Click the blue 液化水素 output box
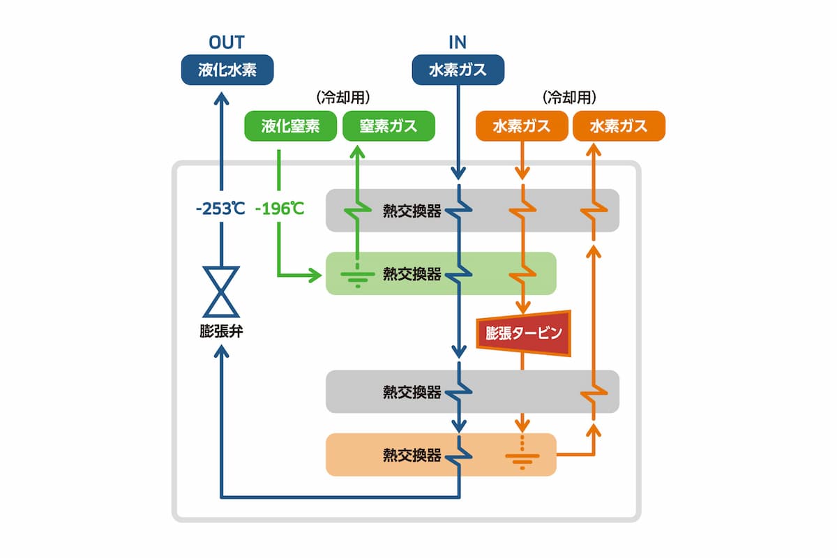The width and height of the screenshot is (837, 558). pos(227,70)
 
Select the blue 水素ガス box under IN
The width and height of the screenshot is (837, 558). pos(458,70)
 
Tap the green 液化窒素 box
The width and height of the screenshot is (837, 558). pos(290,126)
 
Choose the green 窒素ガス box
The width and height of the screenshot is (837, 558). pos(389,126)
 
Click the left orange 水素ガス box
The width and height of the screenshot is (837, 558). pos(521,126)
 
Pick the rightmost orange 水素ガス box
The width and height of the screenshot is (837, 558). pos(619,126)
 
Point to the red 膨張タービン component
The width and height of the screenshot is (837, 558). pos(523,333)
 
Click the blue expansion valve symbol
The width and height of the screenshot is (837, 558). pos(221,292)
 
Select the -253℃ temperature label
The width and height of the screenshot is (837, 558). pos(220,209)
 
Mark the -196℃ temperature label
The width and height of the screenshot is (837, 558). pos(279,209)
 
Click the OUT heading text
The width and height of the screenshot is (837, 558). pos(227,42)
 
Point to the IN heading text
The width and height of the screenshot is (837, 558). pos(458,42)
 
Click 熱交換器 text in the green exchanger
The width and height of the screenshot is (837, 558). pos(412,273)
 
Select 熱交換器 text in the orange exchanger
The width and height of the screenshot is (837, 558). pos(412,455)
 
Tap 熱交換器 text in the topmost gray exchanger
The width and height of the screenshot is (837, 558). pos(412,211)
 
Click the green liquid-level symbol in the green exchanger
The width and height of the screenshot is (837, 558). pos(357,279)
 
